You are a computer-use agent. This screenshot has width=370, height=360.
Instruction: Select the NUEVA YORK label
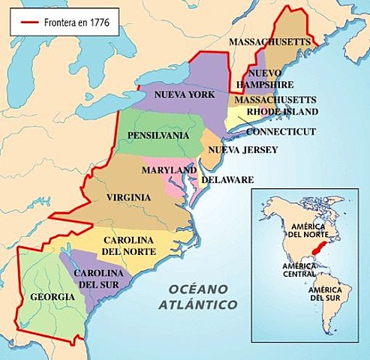click(184, 94)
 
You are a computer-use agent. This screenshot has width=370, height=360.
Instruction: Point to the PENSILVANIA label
click(158, 136)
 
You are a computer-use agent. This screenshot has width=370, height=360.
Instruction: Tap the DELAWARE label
click(227, 180)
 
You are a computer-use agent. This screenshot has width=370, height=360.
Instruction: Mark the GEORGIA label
click(52, 297)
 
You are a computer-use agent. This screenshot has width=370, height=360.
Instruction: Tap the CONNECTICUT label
click(281, 131)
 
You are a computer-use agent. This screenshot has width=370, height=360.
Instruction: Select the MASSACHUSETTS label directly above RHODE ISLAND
click(275, 99)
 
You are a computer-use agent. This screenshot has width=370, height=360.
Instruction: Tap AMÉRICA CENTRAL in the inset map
click(299, 270)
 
